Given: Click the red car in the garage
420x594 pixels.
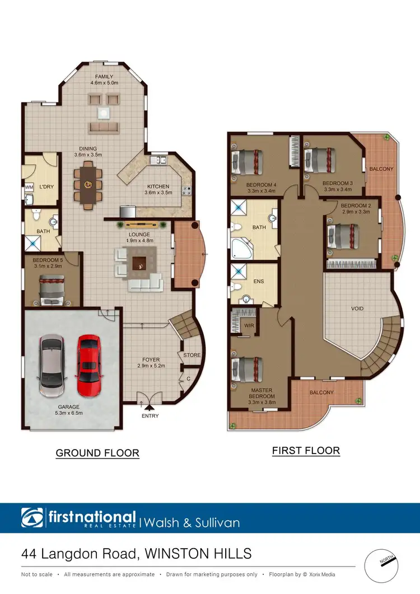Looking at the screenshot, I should tap(88, 364).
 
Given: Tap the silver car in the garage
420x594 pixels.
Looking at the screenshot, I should tap(52, 365).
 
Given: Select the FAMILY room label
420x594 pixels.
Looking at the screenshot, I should tap(104, 77).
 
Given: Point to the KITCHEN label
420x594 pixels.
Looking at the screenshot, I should tap(157, 186).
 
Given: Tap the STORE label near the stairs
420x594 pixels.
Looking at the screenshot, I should tap(191, 355).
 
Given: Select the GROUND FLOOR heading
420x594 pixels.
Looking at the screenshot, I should tap(97, 452).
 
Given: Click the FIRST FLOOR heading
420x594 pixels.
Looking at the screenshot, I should tap(306, 450).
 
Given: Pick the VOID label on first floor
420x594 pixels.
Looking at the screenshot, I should tap(358, 308).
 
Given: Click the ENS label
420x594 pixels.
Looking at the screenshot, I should tap(259, 282).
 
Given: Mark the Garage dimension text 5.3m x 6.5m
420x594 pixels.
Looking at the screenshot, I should tap(68, 413).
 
